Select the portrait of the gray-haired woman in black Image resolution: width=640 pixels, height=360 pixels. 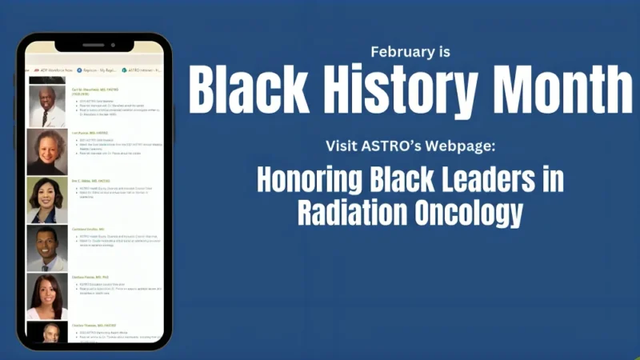(47, 152)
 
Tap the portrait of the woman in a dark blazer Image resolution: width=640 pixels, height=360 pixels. (47, 200)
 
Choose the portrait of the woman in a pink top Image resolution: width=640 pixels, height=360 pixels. (47, 297)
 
